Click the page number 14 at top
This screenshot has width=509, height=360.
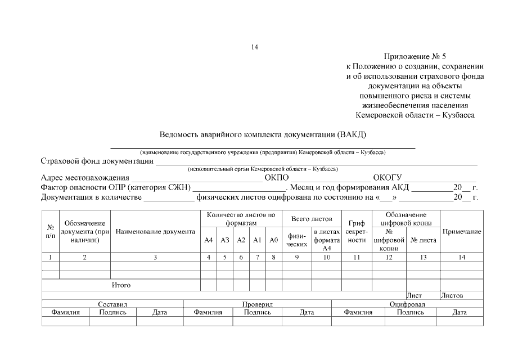tap(254, 47)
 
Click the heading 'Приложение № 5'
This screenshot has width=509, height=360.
tap(415, 57)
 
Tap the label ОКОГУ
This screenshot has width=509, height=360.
tap(387, 178)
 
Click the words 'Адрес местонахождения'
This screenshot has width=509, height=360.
tap(85, 178)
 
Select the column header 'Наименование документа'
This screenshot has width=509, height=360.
tap(155, 232)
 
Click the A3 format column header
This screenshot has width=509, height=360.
tap(225, 240)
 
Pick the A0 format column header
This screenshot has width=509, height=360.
tap(274, 240)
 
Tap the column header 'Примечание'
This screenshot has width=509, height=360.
tap(462, 232)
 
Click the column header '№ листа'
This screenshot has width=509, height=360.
tap(424, 240)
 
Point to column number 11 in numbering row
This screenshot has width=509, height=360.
tap(357, 257)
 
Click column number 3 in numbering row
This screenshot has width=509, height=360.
tap(155, 257)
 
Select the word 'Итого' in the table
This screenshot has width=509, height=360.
tap(121, 285)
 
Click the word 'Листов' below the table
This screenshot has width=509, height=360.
tap(452, 295)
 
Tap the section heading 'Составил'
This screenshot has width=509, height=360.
tap(112, 304)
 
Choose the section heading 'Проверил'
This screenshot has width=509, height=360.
tap(258, 304)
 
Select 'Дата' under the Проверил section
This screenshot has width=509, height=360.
tap(307, 312)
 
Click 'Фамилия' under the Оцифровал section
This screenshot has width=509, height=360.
tap(358, 312)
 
